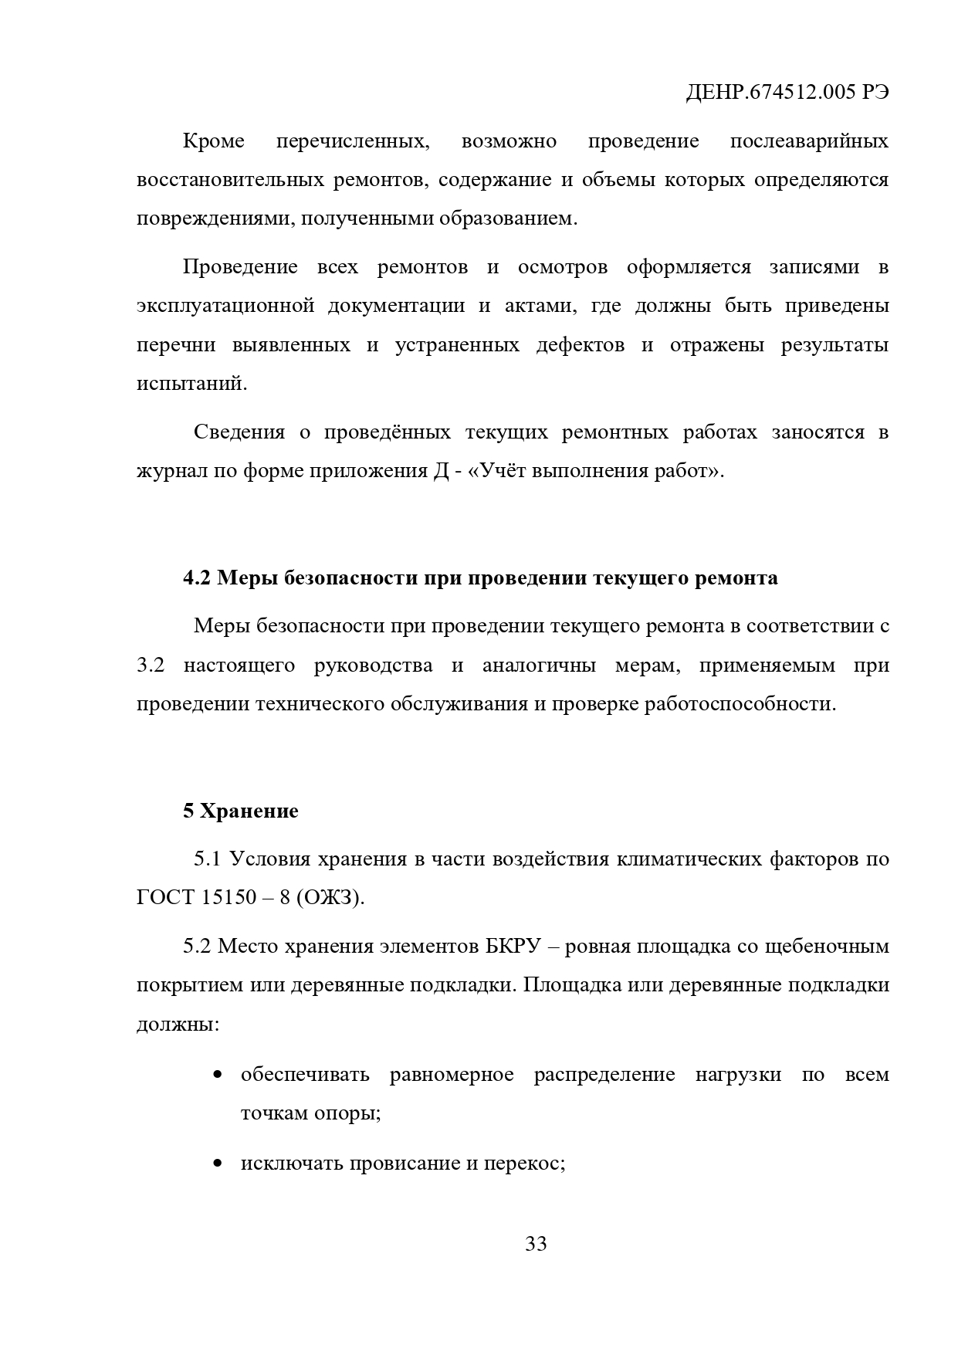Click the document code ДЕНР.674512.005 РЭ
787,93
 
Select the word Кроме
214,141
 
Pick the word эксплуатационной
225,306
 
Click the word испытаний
191,384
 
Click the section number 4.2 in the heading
197,578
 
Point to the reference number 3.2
151,666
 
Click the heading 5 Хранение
240,811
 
